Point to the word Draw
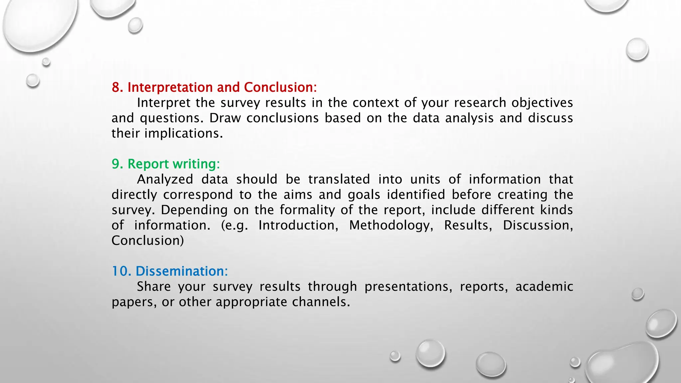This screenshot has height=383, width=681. (225, 118)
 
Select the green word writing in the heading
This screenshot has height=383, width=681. (196, 164)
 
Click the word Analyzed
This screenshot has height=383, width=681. (165, 180)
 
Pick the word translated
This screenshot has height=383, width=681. (339, 179)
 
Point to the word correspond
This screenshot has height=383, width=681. (198, 195)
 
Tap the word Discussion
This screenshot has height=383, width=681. (538, 225)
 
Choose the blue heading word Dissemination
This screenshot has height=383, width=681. (182, 271)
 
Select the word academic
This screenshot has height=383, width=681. (544, 287)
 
